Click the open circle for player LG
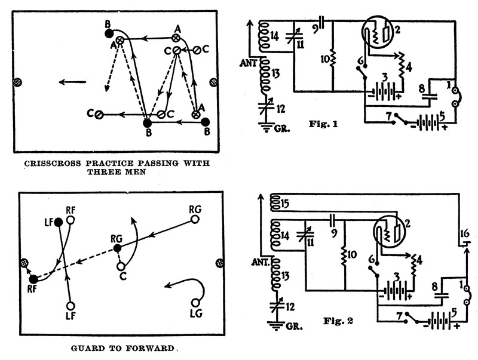point(195,302)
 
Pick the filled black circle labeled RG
point(118,247)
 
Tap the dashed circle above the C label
point(121,266)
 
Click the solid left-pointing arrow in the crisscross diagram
point(72,82)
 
